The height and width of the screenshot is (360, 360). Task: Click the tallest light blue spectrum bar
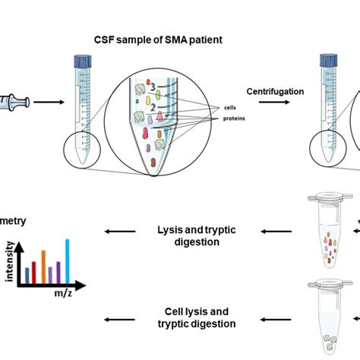67,259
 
